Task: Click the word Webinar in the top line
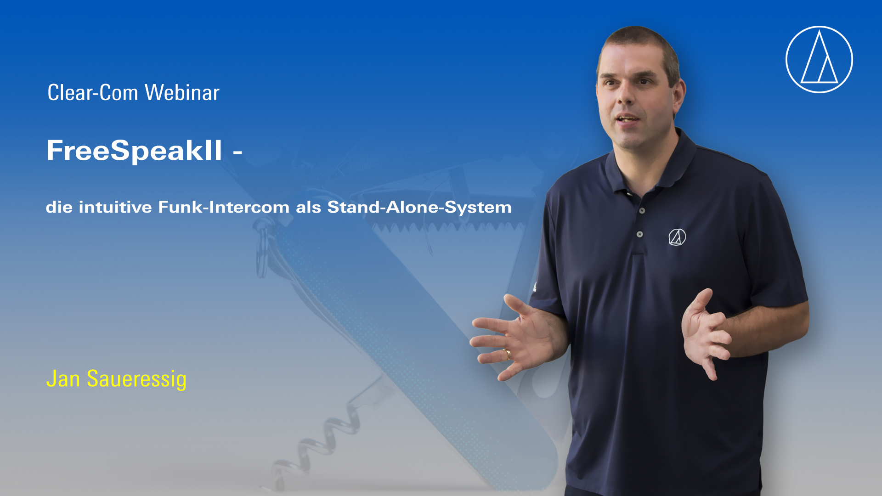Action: click(182, 93)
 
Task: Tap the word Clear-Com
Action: click(93, 93)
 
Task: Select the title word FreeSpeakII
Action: click(134, 150)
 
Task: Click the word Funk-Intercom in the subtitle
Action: click(224, 207)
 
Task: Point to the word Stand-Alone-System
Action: click(419, 208)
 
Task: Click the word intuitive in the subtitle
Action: click(115, 207)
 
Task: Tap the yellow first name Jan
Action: click(63, 379)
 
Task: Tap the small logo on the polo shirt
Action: click(677, 237)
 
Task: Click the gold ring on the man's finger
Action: click(508, 355)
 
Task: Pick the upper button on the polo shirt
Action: click(642, 211)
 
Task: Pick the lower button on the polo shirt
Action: click(639, 234)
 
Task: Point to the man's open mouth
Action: click(627, 119)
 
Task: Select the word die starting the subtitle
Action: click(59, 207)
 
